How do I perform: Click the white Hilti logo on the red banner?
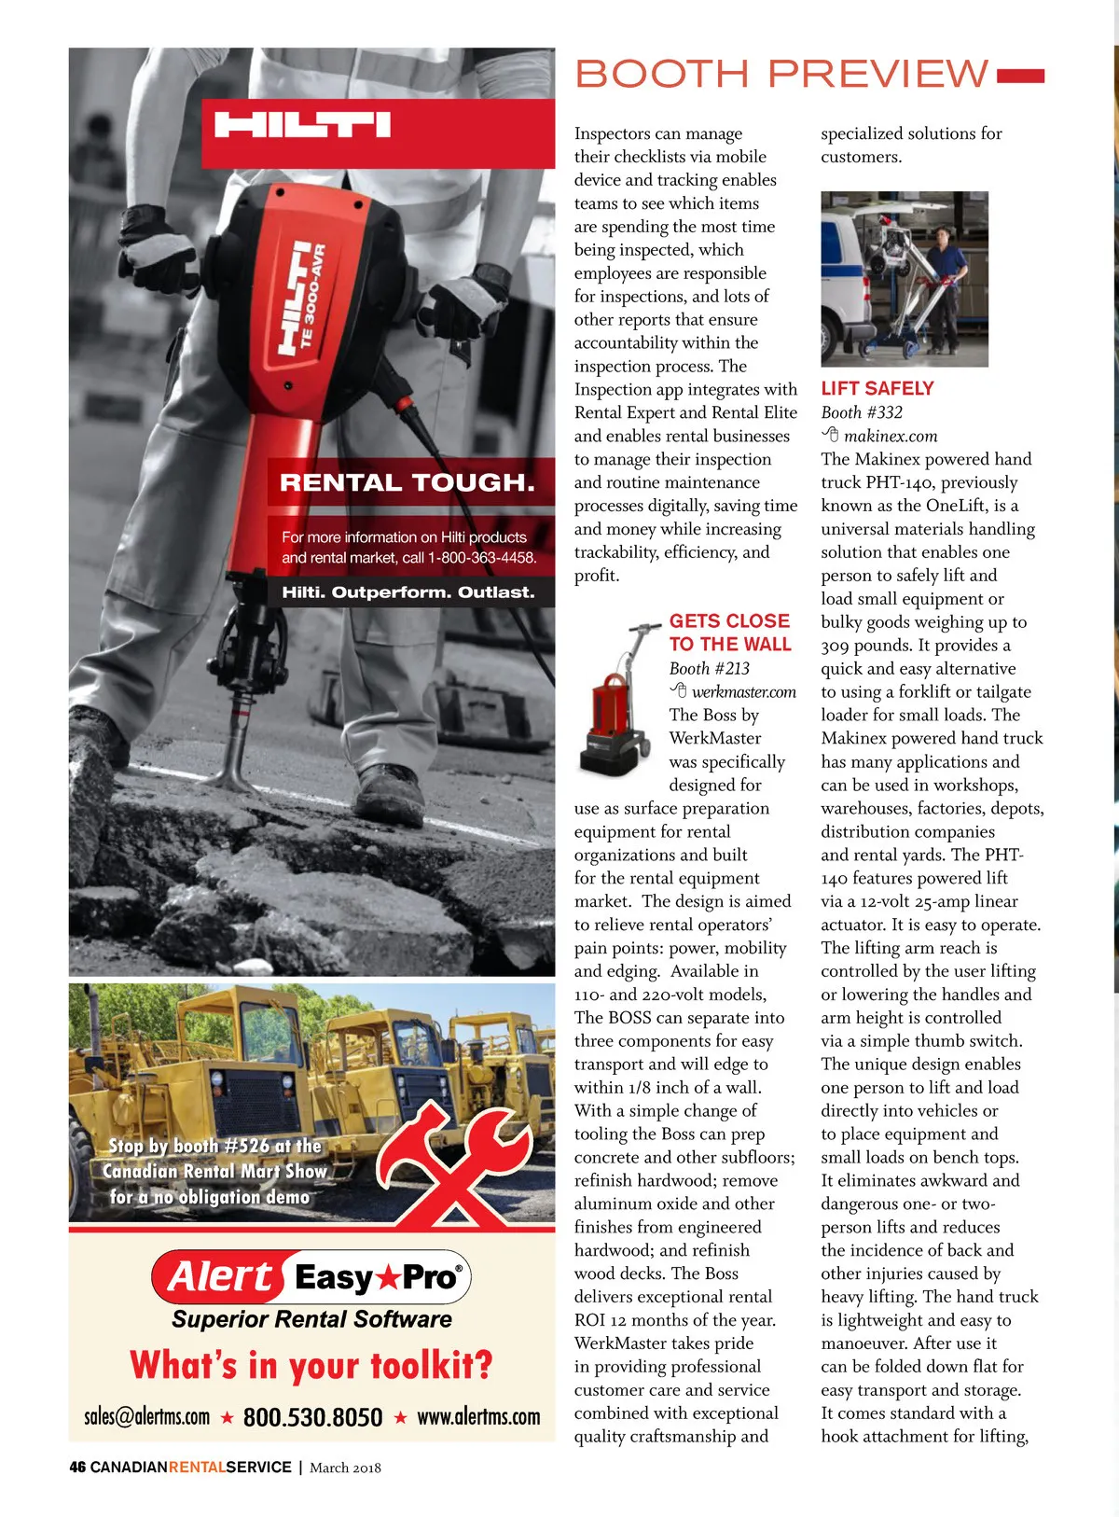tap(302, 125)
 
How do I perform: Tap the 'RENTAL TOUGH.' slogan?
tap(408, 482)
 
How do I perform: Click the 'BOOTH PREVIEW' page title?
tap(781, 74)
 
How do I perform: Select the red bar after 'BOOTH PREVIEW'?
tap(1020, 75)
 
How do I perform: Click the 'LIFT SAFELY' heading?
tap(877, 388)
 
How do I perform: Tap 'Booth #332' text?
tap(862, 412)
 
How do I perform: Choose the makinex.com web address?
tap(891, 436)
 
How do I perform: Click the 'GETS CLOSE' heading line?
tap(729, 621)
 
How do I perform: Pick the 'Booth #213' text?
tap(709, 668)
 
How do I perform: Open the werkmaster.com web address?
tap(743, 692)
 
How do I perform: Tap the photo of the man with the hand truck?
tap(904, 279)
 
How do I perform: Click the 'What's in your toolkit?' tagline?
tap(311, 1366)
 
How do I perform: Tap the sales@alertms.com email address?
tap(146, 1417)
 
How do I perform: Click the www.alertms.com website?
tap(478, 1417)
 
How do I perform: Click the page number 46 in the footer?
tap(77, 1468)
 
